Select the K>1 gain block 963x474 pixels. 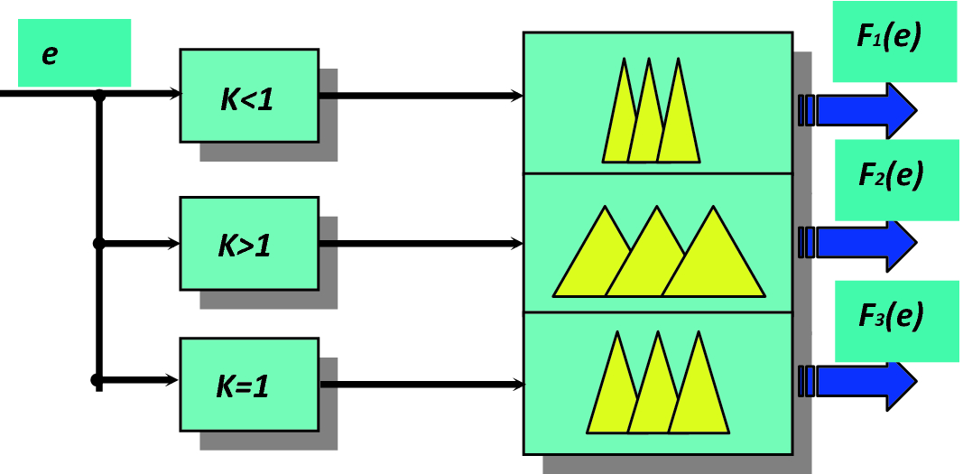click(248, 244)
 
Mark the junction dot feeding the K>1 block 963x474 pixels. click(99, 244)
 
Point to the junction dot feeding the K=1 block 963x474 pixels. click(97, 380)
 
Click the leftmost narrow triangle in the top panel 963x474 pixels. click(621, 122)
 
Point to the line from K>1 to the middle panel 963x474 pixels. click(420, 244)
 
